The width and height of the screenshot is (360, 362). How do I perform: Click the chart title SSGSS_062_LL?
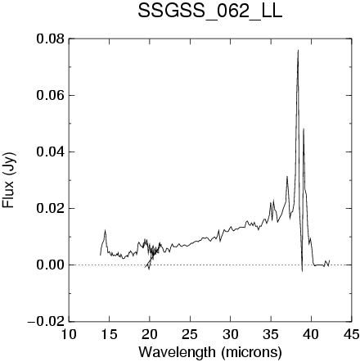click(210, 12)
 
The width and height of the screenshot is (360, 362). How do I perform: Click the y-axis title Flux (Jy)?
click(9, 180)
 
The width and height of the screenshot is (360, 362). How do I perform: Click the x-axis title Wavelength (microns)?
click(210, 352)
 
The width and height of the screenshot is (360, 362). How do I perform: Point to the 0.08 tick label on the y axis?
click(51, 38)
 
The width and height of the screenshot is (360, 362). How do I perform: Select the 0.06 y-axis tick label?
click(51, 95)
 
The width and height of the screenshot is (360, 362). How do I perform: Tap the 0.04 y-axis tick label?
click(51, 152)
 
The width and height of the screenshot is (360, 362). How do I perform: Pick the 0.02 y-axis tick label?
click(51, 208)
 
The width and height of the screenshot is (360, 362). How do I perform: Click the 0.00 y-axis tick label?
click(51, 265)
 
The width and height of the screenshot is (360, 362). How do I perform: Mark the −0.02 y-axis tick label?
click(47, 322)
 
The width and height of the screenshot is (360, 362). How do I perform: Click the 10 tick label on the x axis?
click(69, 334)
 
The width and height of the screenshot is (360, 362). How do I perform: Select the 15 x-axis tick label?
click(109, 334)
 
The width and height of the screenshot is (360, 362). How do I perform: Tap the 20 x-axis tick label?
click(150, 334)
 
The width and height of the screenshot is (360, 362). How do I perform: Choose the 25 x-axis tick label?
click(190, 334)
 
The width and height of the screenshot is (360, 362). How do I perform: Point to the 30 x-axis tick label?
click(230, 334)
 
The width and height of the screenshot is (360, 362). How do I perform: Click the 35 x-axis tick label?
click(271, 334)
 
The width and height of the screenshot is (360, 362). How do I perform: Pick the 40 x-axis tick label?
click(311, 334)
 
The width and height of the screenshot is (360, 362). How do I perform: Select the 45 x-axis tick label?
click(351, 334)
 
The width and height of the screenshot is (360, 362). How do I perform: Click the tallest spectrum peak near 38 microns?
click(298, 51)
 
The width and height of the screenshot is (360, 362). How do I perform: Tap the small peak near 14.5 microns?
click(105, 231)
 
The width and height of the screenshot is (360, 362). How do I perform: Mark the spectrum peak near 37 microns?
click(287, 177)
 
